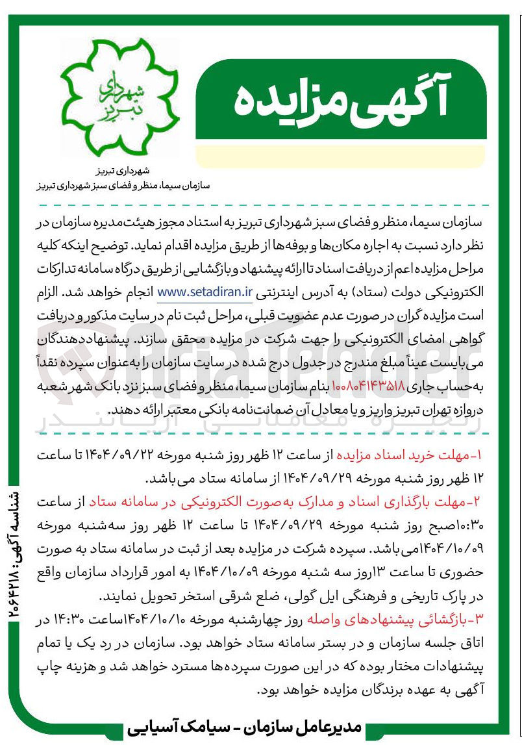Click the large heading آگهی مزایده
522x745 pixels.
coord(340,101)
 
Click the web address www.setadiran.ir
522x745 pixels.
coord(205,292)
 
